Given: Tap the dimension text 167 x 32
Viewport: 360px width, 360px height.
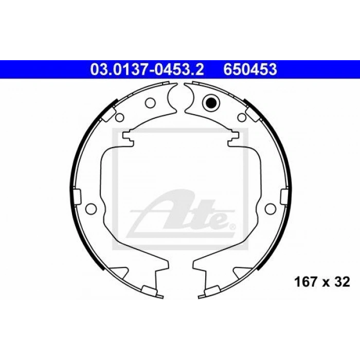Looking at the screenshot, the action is [x=322, y=282].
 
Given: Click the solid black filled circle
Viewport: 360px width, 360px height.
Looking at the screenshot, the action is [x=211, y=103].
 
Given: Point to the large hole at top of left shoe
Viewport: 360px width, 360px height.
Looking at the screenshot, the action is [x=150, y=103].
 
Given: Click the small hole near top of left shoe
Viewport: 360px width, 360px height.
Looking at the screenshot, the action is [x=119, y=117].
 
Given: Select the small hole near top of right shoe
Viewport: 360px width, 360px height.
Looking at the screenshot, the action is [x=242, y=117].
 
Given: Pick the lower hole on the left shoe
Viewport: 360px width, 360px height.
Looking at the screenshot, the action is [x=91, y=208].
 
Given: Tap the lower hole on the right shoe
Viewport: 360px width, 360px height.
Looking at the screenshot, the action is [x=270, y=208].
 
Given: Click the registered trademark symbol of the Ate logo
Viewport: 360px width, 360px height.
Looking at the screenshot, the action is [x=232, y=227].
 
